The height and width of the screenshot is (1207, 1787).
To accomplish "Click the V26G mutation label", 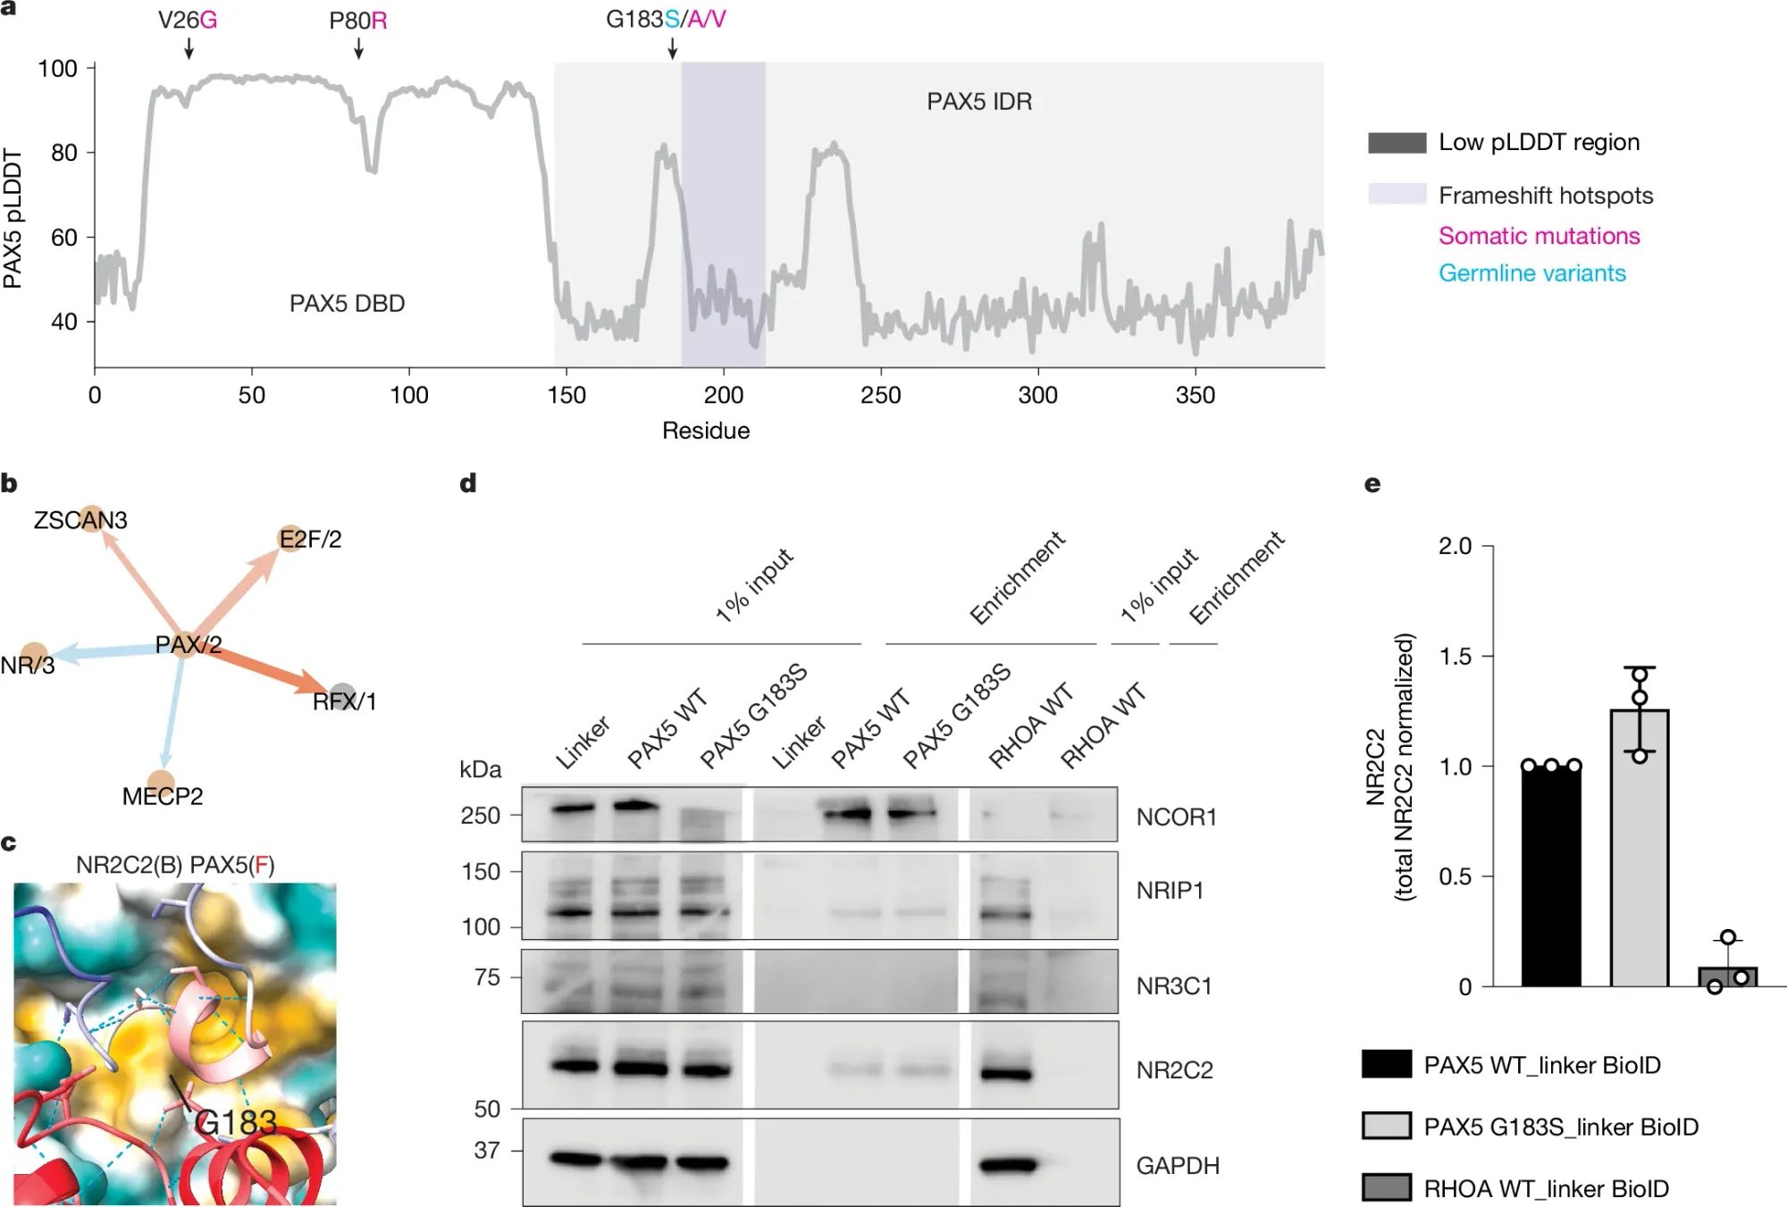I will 188,20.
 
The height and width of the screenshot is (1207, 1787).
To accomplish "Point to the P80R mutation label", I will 357,20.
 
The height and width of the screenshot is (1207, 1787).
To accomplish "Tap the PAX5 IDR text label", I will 978,102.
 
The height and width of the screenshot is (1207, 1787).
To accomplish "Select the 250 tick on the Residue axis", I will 880,394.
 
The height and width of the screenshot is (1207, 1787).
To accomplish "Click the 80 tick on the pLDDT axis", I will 64,153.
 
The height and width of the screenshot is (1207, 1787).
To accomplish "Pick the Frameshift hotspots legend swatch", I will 1397,194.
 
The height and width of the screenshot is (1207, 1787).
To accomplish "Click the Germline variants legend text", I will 1531,273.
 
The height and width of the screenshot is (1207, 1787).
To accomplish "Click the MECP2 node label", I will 163,796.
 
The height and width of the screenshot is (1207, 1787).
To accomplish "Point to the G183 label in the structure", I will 236,1122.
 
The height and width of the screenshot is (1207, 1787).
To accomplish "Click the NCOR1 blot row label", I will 1176,817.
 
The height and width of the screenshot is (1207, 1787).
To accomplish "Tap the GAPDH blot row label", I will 1177,1165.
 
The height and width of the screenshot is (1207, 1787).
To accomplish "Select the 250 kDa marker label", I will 480,815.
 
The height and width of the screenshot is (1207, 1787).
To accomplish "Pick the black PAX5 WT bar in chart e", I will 1551,876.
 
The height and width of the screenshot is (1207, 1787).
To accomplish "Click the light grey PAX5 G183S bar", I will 1639,849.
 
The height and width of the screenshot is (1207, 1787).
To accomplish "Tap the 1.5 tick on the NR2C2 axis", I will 1455,657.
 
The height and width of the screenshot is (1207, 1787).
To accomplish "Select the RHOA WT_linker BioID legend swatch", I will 1387,1187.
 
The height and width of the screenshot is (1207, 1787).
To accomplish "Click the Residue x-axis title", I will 705,431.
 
